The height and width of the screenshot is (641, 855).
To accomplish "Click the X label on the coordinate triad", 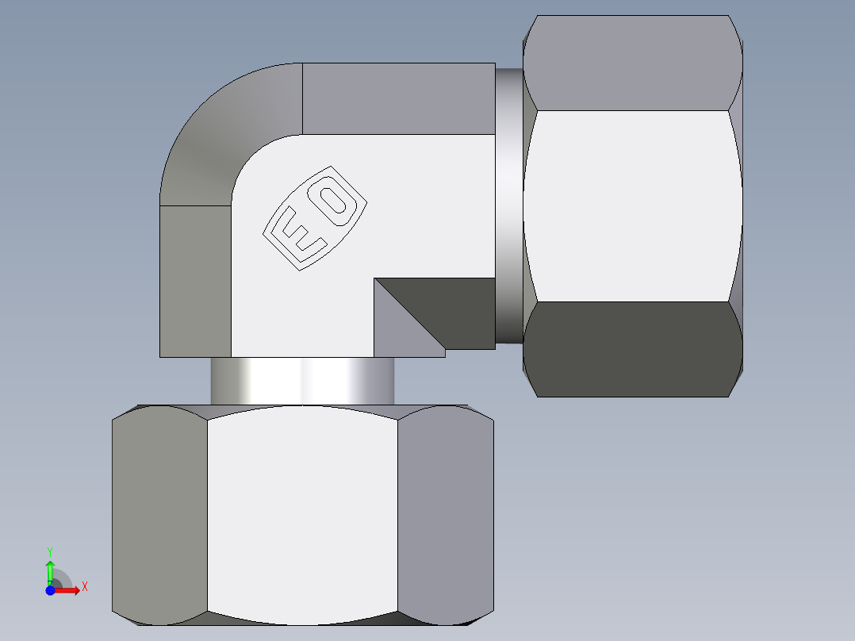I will click(84, 587).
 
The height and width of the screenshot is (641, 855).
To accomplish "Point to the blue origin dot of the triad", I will click(50, 590).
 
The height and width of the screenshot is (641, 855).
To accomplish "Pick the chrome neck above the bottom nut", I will click(302, 381).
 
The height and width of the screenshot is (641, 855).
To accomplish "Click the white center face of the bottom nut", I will click(302, 516).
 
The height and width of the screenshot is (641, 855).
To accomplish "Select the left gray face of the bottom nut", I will click(159, 516).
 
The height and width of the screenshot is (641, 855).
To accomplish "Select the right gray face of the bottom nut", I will click(445, 516).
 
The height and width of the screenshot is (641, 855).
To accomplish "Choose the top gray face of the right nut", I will click(632, 63).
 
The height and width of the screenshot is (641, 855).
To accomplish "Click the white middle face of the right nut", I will click(632, 206).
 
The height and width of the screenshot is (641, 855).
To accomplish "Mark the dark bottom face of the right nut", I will click(632, 349).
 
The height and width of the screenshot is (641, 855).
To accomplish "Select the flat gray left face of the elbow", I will click(195, 282).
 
